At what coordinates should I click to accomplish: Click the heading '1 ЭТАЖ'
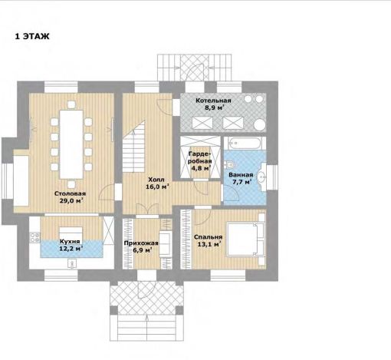pyautogui.click(x=32, y=36)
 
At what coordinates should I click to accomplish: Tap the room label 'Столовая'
pyautogui.click(x=70, y=193)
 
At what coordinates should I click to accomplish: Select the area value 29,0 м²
pyautogui.click(x=71, y=200)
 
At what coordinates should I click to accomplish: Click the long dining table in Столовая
pyautogui.click(x=71, y=144)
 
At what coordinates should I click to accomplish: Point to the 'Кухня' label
pyautogui.click(x=70, y=241)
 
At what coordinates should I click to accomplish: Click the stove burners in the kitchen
pyautogui.click(x=34, y=237)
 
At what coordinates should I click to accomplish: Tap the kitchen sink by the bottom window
pyautogui.click(x=72, y=263)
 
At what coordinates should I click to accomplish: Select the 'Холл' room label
pyautogui.click(x=156, y=180)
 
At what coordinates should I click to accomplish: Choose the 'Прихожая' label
pyautogui.click(x=141, y=243)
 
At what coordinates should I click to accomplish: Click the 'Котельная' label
pyautogui.click(x=213, y=101)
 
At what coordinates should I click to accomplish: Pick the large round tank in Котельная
pyautogui.click(x=260, y=125)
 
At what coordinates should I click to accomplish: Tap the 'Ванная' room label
pyautogui.click(x=241, y=175)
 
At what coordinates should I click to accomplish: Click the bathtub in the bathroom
pyautogui.click(x=245, y=144)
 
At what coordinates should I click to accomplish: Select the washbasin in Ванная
pyautogui.click(x=261, y=177)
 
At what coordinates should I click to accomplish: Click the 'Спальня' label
pyautogui.click(x=208, y=237)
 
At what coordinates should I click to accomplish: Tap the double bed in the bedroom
pyautogui.click(x=245, y=239)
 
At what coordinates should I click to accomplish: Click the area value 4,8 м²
pyautogui.click(x=201, y=168)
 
